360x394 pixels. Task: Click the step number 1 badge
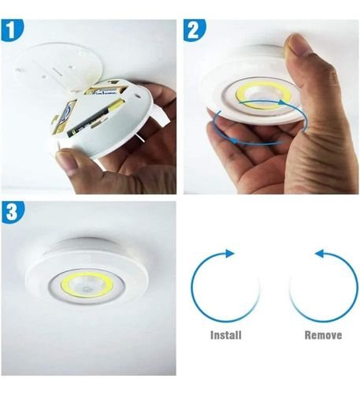pyautogui.click(x=11, y=31)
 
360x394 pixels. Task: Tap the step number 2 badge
pyautogui.click(x=194, y=31)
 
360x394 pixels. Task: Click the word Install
pyautogui.click(x=227, y=335)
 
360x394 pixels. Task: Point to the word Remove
pyautogui.click(x=324, y=335)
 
